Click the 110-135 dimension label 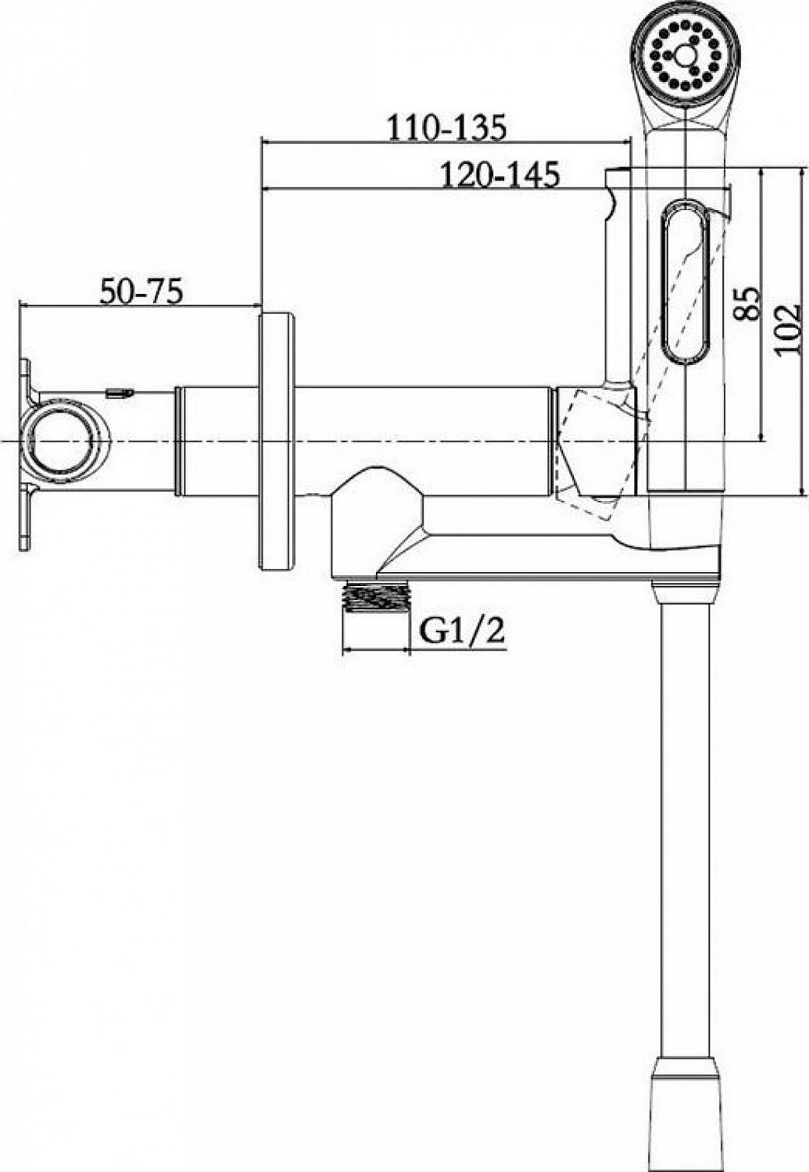(446, 127)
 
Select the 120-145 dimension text (499, 174)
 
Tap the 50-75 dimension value (141, 292)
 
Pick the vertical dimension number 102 (788, 330)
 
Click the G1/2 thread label (461, 632)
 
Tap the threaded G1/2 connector (375, 593)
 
